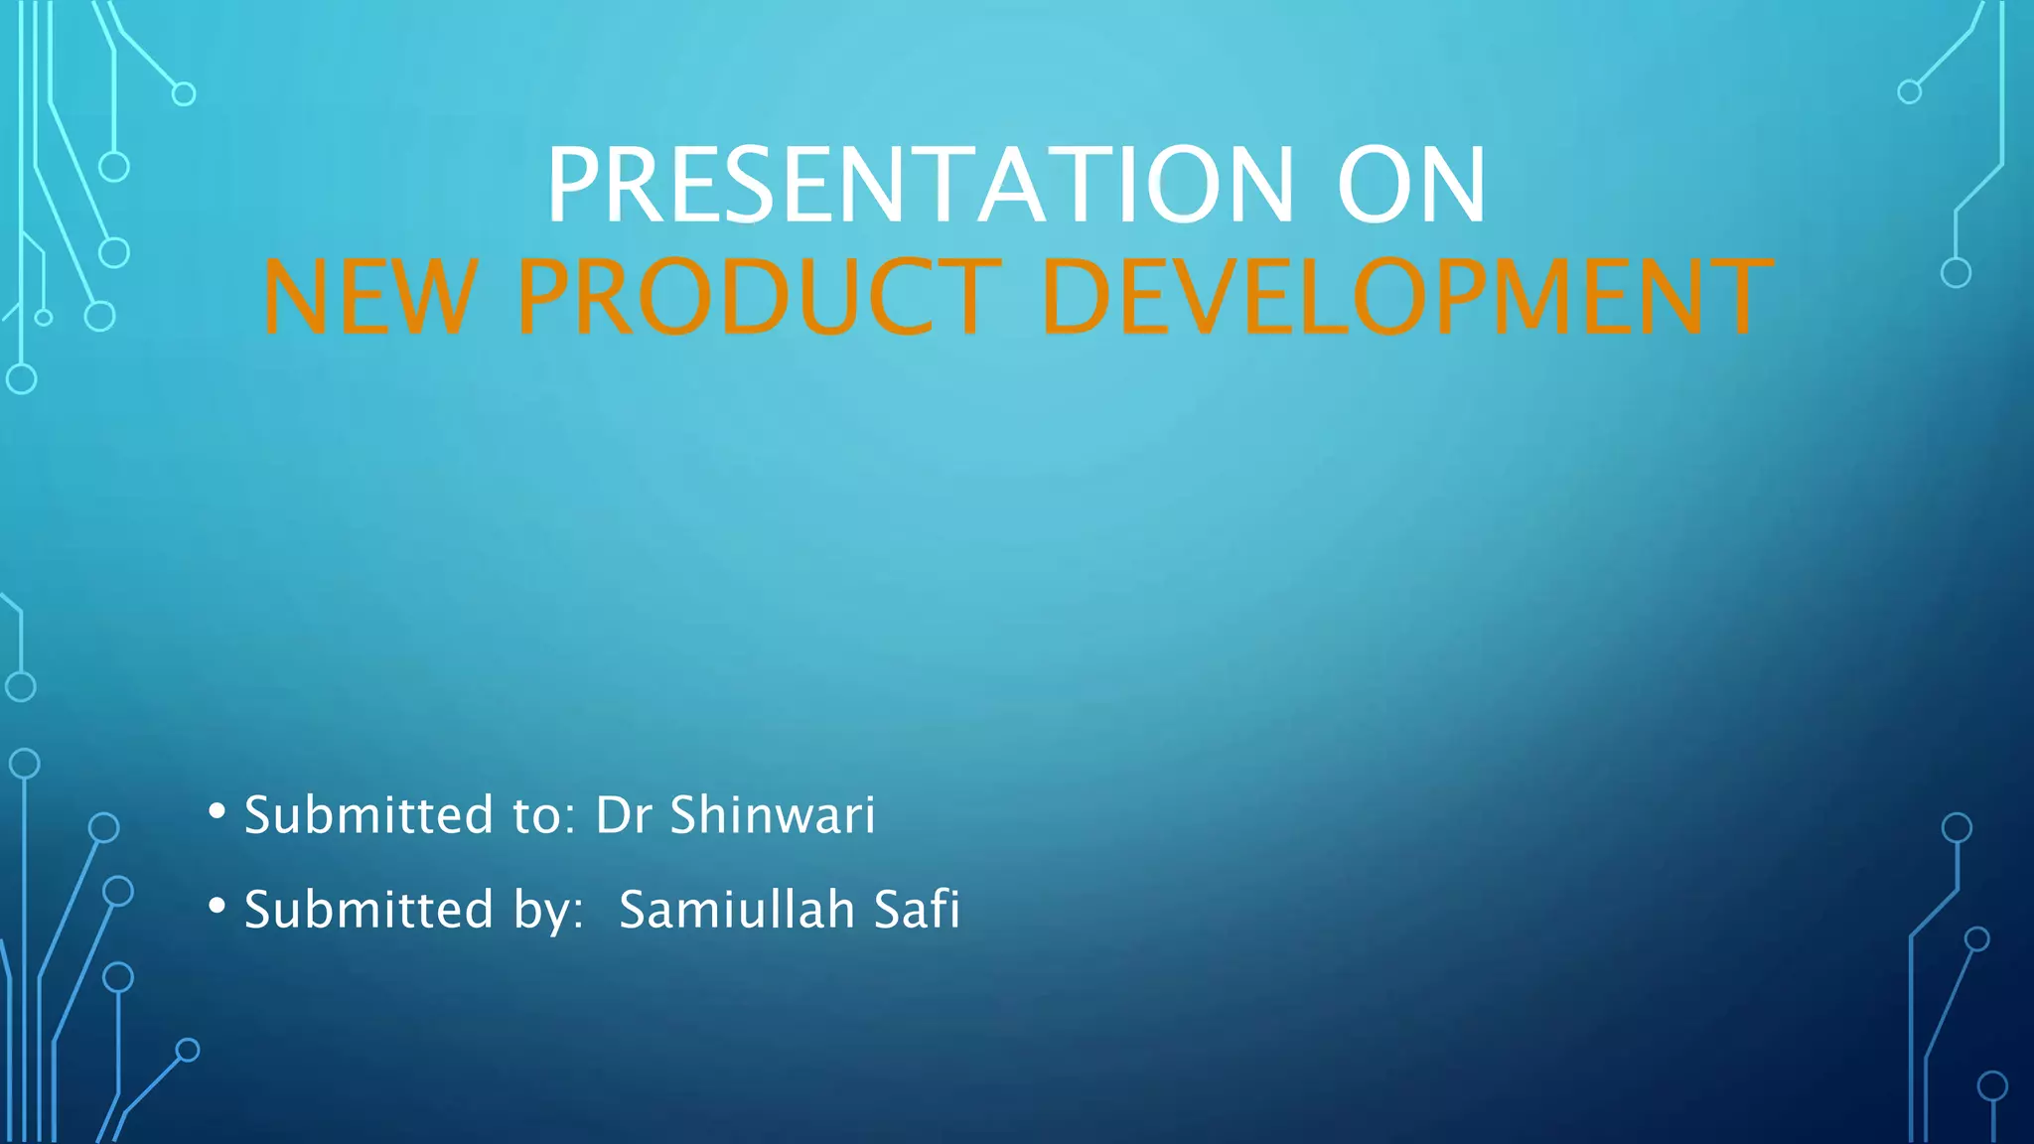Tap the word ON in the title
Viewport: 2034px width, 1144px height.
pyautogui.click(x=1411, y=186)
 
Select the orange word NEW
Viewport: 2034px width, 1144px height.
pyautogui.click(x=368, y=297)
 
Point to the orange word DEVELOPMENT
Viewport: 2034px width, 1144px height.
pyautogui.click(x=1407, y=297)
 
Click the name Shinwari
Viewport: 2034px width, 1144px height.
pyautogui.click(x=773, y=815)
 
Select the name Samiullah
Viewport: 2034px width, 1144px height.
pyautogui.click(x=737, y=910)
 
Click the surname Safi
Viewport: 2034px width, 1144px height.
pyautogui.click(x=917, y=910)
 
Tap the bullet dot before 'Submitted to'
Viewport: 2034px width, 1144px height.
pyautogui.click(x=218, y=811)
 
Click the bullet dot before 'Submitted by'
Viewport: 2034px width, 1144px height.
pyautogui.click(x=218, y=906)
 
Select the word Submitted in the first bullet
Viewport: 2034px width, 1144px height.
pyautogui.click(x=368, y=815)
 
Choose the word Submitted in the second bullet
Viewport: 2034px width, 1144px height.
pyautogui.click(x=368, y=910)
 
